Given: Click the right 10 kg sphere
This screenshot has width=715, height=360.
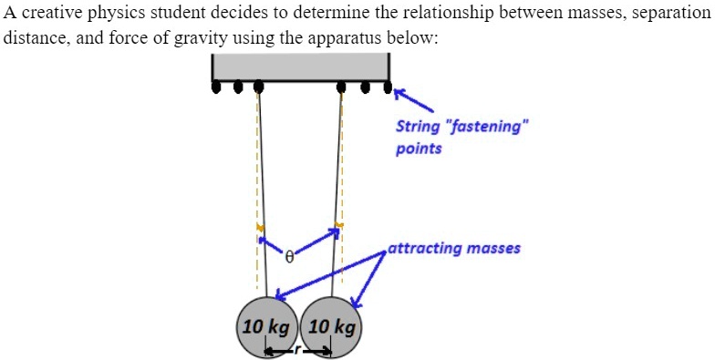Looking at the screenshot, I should [x=332, y=325].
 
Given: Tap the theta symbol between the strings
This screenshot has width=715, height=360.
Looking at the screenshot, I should [x=288, y=258].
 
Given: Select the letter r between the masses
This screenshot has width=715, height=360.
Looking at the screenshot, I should [x=295, y=349].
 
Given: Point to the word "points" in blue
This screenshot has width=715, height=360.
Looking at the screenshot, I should [x=419, y=148].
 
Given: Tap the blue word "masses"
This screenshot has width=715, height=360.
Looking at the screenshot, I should [x=493, y=248].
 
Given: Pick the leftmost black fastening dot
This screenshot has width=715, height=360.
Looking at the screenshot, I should [x=217, y=88].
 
